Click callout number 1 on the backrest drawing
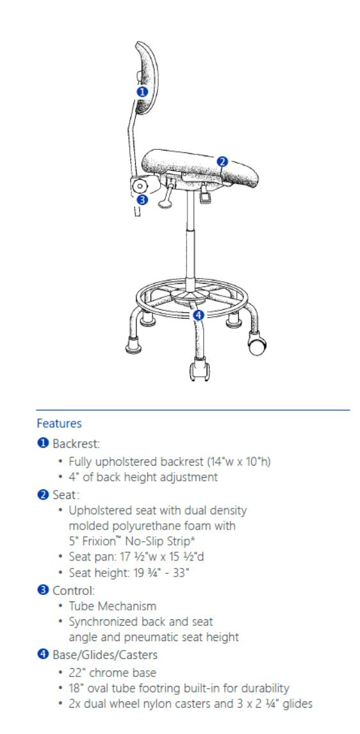pyautogui.click(x=142, y=92)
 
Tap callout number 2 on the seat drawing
pyautogui.click(x=222, y=161)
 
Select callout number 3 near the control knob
pyautogui.click(x=142, y=200)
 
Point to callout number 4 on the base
pyautogui.click(x=199, y=314)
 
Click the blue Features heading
pyautogui.click(x=59, y=423)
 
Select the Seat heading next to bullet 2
pyautogui.click(x=65, y=494)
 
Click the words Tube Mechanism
pyautogui.click(x=112, y=606)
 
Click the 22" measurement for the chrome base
pyautogui.click(x=77, y=673)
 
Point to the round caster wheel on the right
pyautogui.click(x=256, y=347)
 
